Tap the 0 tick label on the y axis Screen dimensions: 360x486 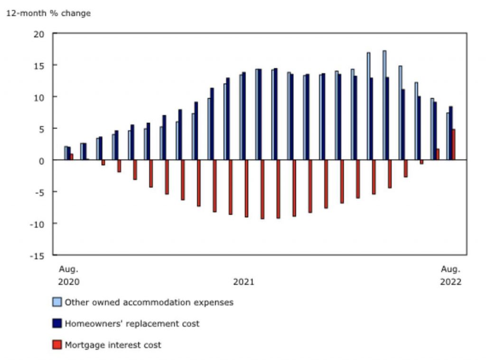42,160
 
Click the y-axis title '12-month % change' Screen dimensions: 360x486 48,13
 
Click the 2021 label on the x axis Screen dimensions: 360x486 243,282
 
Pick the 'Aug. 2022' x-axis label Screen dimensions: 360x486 450,276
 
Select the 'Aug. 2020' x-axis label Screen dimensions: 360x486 68,276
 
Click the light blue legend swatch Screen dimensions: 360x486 57,302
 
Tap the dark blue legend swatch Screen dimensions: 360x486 57,323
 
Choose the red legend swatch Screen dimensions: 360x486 57,345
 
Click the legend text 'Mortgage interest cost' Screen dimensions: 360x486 113,345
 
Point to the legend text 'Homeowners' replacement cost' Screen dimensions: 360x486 132,323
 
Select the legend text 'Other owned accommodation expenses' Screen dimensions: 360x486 149,302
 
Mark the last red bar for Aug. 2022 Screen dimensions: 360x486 454,145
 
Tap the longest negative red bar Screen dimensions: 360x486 262,189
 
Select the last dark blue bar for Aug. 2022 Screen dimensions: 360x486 450,133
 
